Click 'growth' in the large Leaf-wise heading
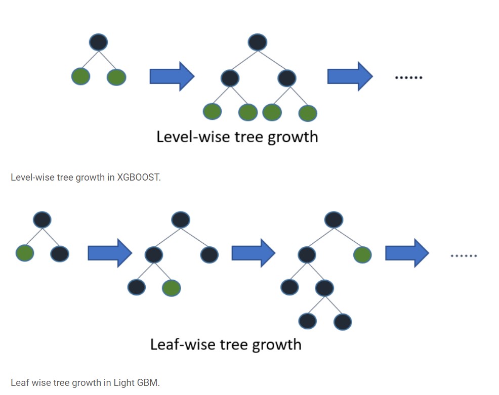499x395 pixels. [276, 344]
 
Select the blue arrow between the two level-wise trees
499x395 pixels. [172, 77]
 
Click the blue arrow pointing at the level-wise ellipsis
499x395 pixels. [350, 77]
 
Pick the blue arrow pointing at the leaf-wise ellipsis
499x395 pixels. [407, 253]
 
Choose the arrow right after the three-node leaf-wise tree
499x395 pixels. [110, 253]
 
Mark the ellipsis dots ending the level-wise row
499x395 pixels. [408, 77]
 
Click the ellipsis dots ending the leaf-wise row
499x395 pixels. [464, 256]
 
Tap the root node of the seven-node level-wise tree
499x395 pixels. [258, 42]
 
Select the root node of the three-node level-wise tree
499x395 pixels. [98, 42]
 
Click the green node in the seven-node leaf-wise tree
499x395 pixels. [362, 254]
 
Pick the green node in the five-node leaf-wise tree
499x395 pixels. [172, 288]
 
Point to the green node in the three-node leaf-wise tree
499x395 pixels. [25, 252]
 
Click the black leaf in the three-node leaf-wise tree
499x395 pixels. [60, 253]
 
